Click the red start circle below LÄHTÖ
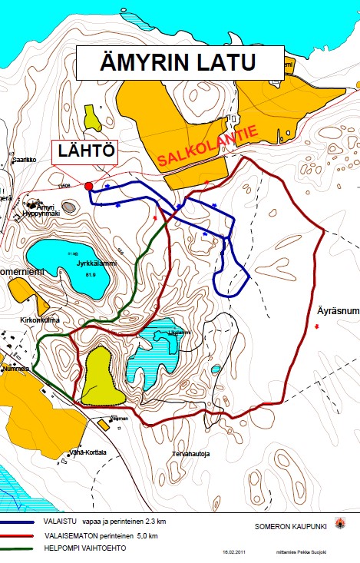[x=89, y=186]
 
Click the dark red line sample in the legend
[x=31, y=536]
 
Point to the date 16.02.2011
[x=233, y=551]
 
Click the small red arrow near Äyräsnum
[x=318, y=328]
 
